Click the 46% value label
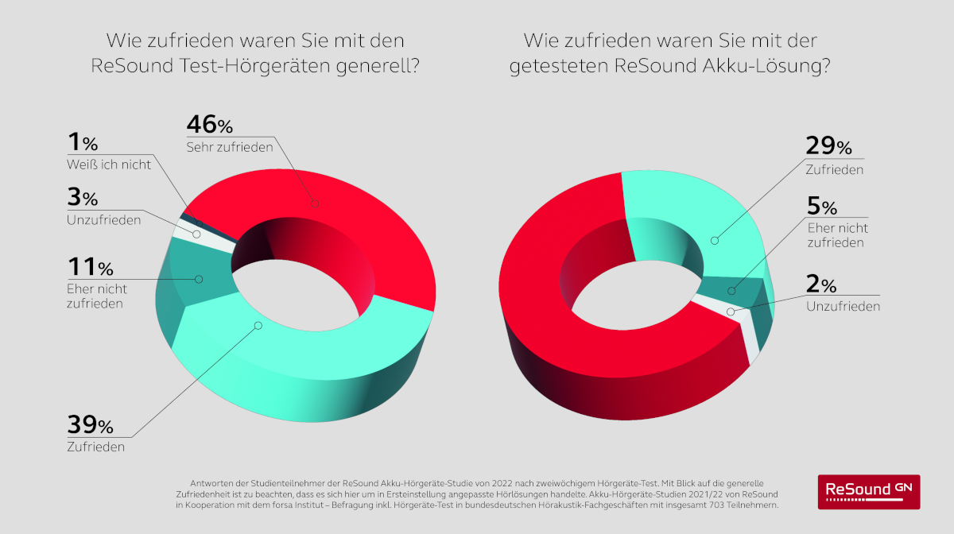point(209,125)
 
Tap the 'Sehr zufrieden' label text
point(230,147)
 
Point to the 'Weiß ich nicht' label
point(109,164)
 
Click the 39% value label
point(90,426)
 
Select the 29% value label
point(828,146)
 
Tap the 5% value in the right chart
point(822,207)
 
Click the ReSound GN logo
point(868,491)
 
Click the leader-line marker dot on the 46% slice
point(315,203)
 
